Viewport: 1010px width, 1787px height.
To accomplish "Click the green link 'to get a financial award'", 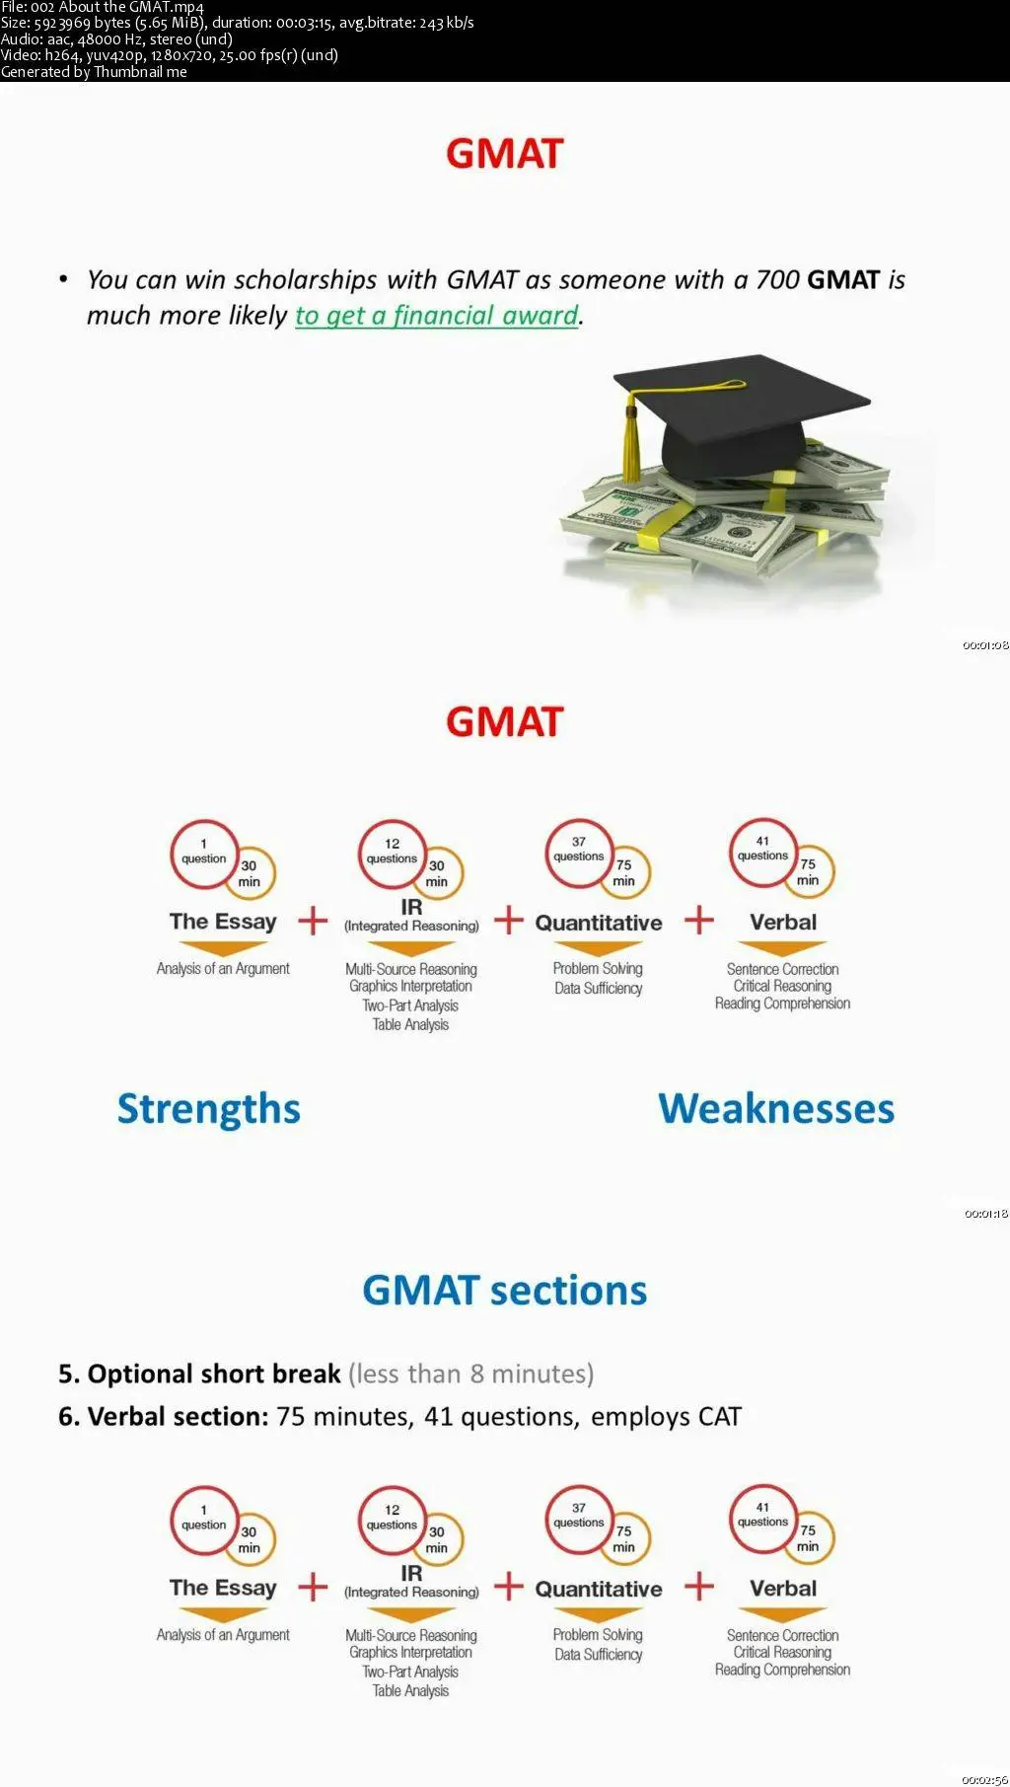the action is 437,316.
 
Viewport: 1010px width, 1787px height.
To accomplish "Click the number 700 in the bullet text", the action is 777,280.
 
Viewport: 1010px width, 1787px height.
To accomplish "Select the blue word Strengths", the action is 209,1110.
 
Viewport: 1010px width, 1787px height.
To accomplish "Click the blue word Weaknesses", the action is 776,1109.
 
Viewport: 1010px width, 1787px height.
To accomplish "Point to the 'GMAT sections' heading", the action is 504,1291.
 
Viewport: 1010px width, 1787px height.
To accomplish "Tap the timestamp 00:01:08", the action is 985,645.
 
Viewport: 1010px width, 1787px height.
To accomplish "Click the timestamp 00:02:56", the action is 985,1779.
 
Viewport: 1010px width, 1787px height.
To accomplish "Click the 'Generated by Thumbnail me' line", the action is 94,72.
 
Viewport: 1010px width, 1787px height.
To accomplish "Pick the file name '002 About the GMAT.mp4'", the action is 117,8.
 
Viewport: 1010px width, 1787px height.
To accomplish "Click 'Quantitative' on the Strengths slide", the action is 599,923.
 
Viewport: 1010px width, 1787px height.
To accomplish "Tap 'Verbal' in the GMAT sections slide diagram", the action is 783,1589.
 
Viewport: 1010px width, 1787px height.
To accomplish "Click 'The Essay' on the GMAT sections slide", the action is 223,1588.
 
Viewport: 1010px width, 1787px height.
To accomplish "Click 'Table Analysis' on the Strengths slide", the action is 410,1025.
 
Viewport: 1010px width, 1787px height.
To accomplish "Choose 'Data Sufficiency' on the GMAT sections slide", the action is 598,1655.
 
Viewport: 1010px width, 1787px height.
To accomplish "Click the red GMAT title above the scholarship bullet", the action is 504,154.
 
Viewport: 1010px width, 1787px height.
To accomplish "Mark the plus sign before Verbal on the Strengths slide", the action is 699,920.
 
